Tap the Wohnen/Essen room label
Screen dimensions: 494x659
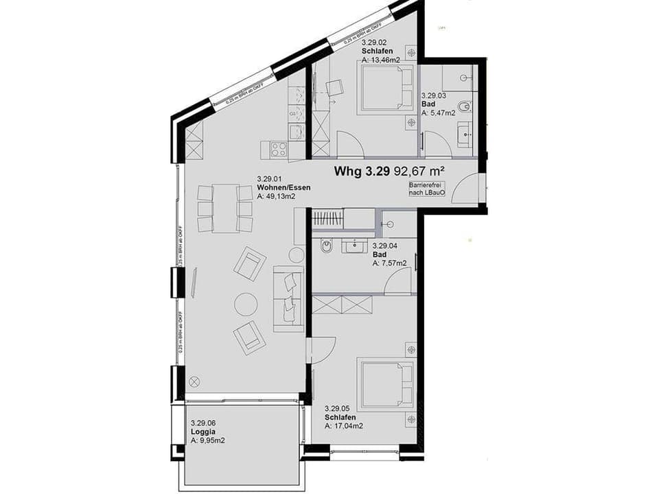[x=279, y=187]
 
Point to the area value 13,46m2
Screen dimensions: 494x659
[x=385, y=60]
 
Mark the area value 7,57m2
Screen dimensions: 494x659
[x=389, y=263]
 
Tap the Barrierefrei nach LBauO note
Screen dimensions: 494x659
[x=427, y=190]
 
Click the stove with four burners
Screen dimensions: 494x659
[x=278, y=148]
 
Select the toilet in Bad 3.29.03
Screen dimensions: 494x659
[x=467, y=106]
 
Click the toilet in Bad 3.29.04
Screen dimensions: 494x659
[x=325, y=246]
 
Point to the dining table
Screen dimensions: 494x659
[x=225, y=209]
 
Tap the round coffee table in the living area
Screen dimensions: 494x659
[x=246, y=303]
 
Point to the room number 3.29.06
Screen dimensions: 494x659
[x=204, y=423]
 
